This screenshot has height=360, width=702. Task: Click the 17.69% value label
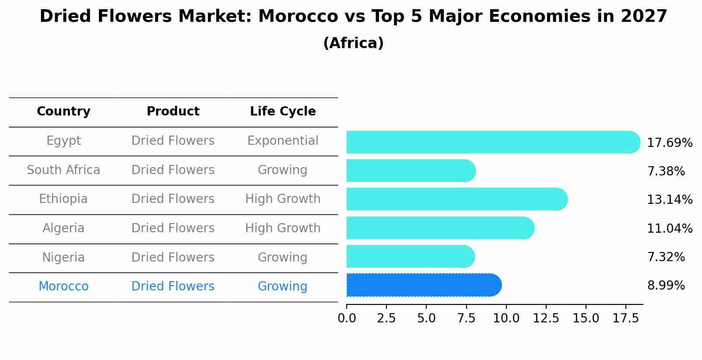[669, 143]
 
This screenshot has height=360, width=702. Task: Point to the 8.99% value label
[666, 286]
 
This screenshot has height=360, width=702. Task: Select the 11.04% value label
[669, 228]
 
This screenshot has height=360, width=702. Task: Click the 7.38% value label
[666, 171]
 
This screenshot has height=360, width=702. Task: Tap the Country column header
[63, 112]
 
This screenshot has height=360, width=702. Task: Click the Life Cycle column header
[283, 112]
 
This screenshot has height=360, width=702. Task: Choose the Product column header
[173, 112]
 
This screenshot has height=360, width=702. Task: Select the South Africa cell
[63, 170]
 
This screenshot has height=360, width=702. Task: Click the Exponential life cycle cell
[283, 141]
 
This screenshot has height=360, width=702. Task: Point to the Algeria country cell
[63, 228]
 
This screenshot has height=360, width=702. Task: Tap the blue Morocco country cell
[63, 287]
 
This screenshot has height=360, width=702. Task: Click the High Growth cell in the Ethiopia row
[283, 199]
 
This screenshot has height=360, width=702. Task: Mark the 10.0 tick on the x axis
[506, 318]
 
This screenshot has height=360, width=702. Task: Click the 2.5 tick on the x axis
[386, 318]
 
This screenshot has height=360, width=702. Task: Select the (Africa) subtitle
[353, 43]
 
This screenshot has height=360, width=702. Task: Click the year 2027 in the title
[643, 17]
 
